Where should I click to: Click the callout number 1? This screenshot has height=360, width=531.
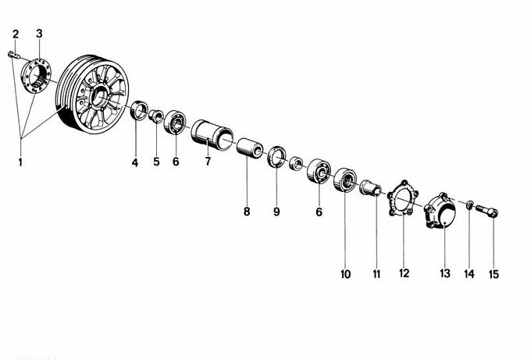(20, 162)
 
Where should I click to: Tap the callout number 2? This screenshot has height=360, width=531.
(16, 34)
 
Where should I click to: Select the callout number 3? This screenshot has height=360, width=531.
(39, 34)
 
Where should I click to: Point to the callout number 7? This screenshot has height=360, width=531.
(208, 161)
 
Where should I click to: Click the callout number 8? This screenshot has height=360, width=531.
(247, 212)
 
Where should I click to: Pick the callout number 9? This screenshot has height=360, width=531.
(276, 212)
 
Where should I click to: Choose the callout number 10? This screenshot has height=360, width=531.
(345, 274)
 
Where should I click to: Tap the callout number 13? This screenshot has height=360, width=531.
(445, 273)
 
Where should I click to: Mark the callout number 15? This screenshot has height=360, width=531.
(494, 274)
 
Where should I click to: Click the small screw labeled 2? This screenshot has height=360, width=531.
(13, 55)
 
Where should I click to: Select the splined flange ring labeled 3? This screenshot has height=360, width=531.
(36, 76)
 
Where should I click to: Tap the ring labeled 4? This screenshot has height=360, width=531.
(139, 110)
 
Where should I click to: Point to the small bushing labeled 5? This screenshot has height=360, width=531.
(155, 116)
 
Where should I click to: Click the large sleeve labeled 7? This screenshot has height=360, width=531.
(212, 135)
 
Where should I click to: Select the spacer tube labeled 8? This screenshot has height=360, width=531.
(250, 148)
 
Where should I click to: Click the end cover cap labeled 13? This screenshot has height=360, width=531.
(440, 211)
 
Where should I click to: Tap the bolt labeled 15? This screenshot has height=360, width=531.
(486, 211)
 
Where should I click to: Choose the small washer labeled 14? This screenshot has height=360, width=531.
(470, 205)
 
